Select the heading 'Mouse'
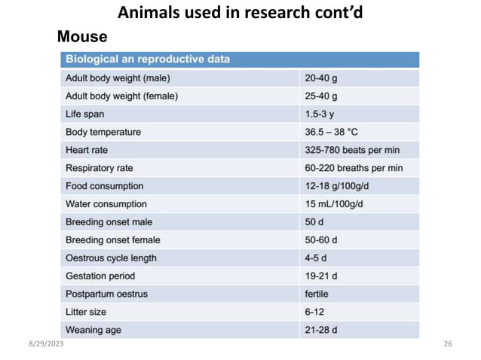coord(82,36)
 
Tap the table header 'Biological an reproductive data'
coord(148,59)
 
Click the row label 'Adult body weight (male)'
coord(118,78)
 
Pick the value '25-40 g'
coord(320,96)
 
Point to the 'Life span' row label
coord(85,114)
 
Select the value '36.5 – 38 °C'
coord(331,132)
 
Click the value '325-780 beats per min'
coord(352,150)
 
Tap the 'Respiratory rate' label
coord(100,168)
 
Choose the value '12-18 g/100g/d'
coord(337,186)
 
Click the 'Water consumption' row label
coord(106,204)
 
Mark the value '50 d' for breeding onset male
coord(314,222)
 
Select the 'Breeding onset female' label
coord(113,240)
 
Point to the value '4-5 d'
coord(317,258)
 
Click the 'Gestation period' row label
coord(100,276)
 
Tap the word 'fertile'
coord(317,294)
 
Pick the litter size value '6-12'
coord(314,312)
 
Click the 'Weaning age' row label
coord(93,330)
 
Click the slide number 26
coord(448,344)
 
